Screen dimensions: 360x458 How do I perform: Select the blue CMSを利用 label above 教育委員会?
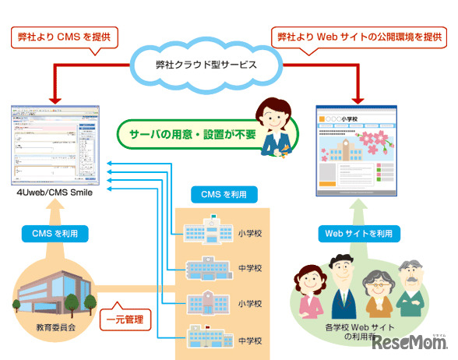[x=55, y=232]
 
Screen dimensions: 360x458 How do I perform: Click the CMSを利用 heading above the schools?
[x=221, y=193]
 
